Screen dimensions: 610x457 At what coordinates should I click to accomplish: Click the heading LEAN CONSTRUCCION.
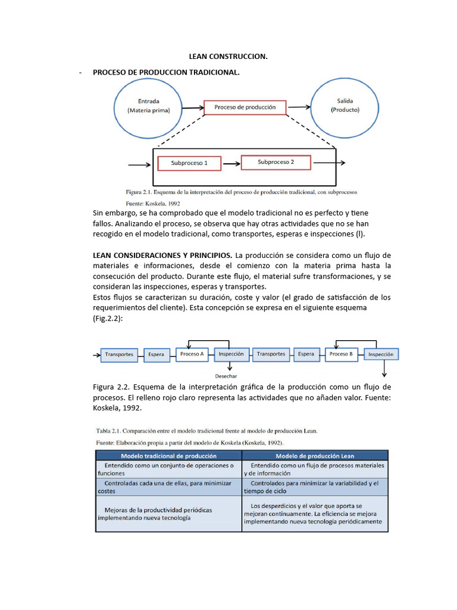pyautogui.click(x=228, y=57)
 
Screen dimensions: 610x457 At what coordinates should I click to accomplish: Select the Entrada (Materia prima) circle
pyautogui.click(x=148, y=106)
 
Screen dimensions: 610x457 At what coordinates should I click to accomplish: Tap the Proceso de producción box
pyautogui.click(x=245, y=108)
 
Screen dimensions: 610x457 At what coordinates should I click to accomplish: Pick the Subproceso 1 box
pyautogui.click(x=189, y=163)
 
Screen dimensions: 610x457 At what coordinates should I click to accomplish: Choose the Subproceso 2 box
pyautogui.click(x=276, y=162)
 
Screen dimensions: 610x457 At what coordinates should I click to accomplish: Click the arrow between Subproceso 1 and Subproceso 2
pyautogui.click(x=230, y=163)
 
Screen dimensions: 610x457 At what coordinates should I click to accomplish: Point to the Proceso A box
pyautogui.click(x=192, y=354)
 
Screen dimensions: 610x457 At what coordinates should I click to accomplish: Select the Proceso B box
pyautogui.click(x=341, y=354)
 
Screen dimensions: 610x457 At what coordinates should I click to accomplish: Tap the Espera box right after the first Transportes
pyautogui.click(x=156, y=354)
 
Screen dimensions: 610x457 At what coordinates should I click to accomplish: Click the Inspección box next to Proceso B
pyautogui.click(x=381, y=354)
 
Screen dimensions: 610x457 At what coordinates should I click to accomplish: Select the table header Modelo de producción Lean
pyautogui.click(x=315, y=456)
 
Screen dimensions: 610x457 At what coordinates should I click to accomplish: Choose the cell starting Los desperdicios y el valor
pyautogui.click(x=315, y=513)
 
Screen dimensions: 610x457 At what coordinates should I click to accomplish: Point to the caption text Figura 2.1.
pyautogui.click(x=139, y=192)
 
